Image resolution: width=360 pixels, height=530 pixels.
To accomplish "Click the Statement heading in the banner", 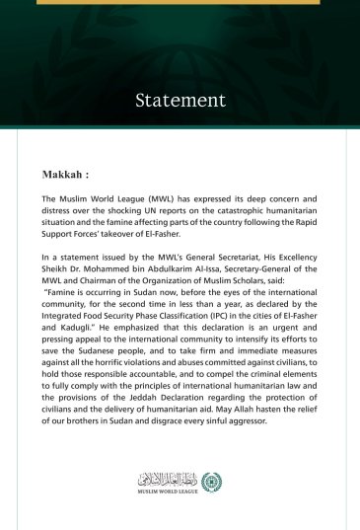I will pyautogui.click(x=180, y=100).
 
